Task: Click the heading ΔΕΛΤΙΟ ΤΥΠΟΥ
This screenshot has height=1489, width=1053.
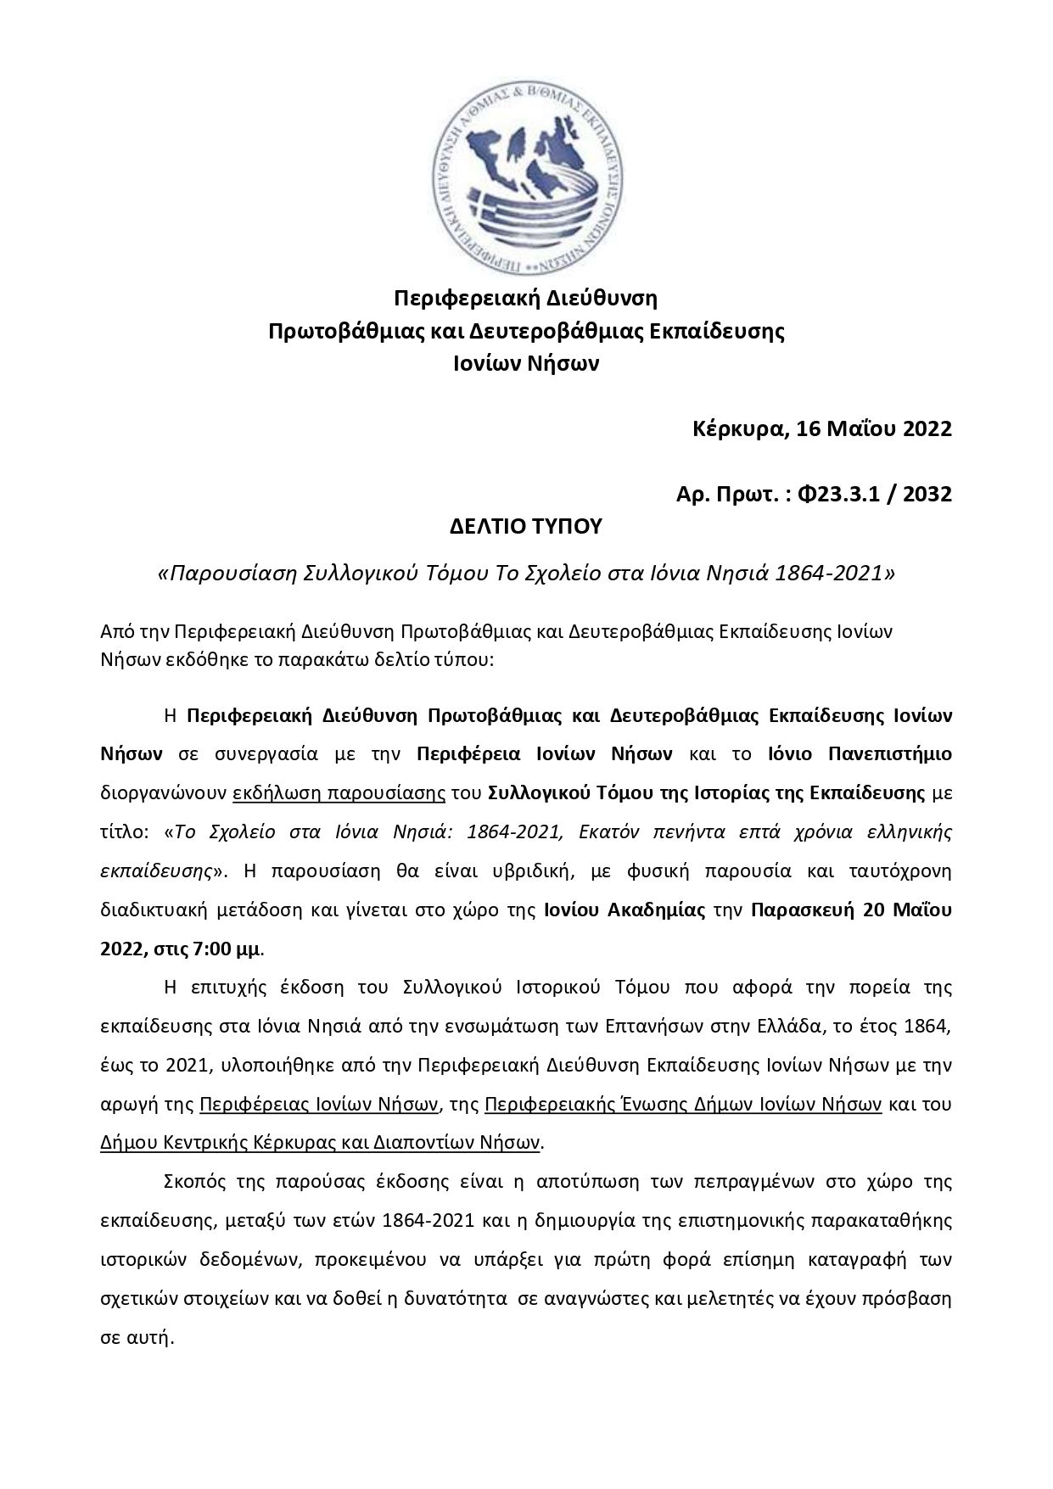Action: tap(525, 527)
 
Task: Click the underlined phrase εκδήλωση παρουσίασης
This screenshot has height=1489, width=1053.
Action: tap(339, 793)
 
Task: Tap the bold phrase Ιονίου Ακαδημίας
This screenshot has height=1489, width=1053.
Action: tap(625, 910)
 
